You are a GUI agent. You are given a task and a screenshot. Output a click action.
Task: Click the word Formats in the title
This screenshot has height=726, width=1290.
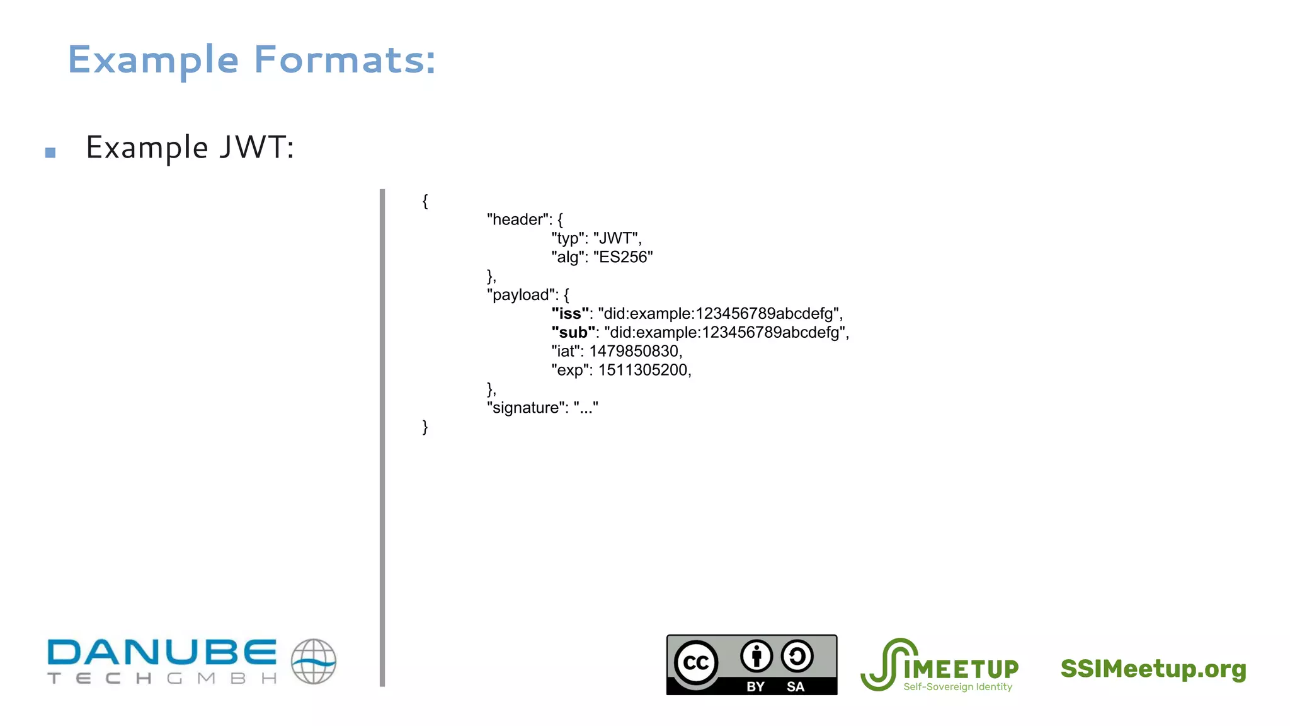[345, 60]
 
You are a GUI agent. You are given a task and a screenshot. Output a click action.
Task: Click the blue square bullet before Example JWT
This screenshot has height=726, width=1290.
[50, 152]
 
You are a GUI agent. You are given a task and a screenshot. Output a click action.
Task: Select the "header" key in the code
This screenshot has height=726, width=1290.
[517, 219]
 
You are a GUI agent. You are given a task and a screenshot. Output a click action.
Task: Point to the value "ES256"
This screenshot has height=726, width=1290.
[623, 257]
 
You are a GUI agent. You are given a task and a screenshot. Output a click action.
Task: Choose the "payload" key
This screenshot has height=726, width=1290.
[522, 295]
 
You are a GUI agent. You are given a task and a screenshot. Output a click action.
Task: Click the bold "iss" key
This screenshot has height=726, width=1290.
[571, 313]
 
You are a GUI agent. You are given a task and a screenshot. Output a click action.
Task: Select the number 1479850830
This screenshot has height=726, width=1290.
[634, 351]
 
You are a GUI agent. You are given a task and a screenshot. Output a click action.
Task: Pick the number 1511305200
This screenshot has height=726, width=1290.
[643, 370]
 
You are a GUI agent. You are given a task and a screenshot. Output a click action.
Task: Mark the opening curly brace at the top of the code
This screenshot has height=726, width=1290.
[425, 201]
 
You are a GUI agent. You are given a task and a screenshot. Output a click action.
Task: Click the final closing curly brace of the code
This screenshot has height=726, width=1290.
[425, 427]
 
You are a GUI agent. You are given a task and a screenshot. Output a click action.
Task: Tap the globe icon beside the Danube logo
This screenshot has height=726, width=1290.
[314, 661]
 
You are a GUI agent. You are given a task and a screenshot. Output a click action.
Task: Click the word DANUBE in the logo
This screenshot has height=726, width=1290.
[162, 652]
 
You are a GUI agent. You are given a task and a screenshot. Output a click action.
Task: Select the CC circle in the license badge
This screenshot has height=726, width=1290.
[696, 662]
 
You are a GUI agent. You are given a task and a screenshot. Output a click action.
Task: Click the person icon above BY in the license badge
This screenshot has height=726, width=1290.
[756, 656]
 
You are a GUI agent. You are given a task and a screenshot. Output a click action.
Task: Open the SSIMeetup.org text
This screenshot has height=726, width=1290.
[1153, 669]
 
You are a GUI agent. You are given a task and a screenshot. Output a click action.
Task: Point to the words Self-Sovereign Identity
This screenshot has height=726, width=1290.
[957, 687]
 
